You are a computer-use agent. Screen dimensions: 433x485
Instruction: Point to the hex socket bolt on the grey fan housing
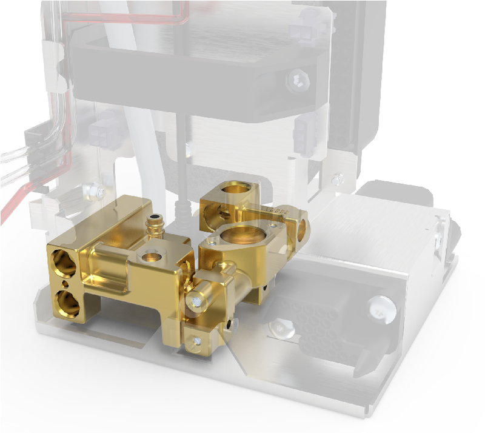tap(298, 79)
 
